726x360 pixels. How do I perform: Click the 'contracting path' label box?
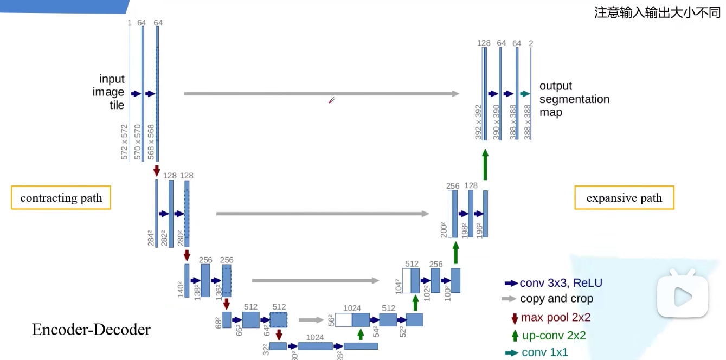pyautogui.click(x=61, y=198)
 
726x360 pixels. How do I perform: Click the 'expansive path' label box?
pyautogui.click(x=624, y=198)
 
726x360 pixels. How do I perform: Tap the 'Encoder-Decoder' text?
pyautogui.click(x=91, y=330)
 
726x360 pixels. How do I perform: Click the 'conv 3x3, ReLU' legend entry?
pyautogui.click(x=554, y=283)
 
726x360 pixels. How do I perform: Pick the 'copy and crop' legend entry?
pyautogui.click(x=548, y=299)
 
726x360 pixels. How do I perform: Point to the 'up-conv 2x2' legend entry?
pyautogui.click(x=548, y=336)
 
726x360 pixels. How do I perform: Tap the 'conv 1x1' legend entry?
pyautogui.click(x=537, y=352)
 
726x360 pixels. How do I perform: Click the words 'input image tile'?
pyautogui.click(x=110, y=92)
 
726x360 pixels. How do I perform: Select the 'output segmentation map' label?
pyautogui.click(x=574, y=99)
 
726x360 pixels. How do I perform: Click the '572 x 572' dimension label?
pyautogui.click(x=124, y=142)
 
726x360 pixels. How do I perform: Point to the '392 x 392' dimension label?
pyautogui.click(x=478, y=122)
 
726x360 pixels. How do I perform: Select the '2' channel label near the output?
pyautogui.click(x=531, y=43)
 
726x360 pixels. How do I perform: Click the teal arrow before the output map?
pyautogui.click(x=524, y=94)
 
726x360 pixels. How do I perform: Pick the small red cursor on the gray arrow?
pyautogui.click(x=332, y=100)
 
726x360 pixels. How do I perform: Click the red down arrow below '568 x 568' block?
pyautogui.click(x=157, y=170)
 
